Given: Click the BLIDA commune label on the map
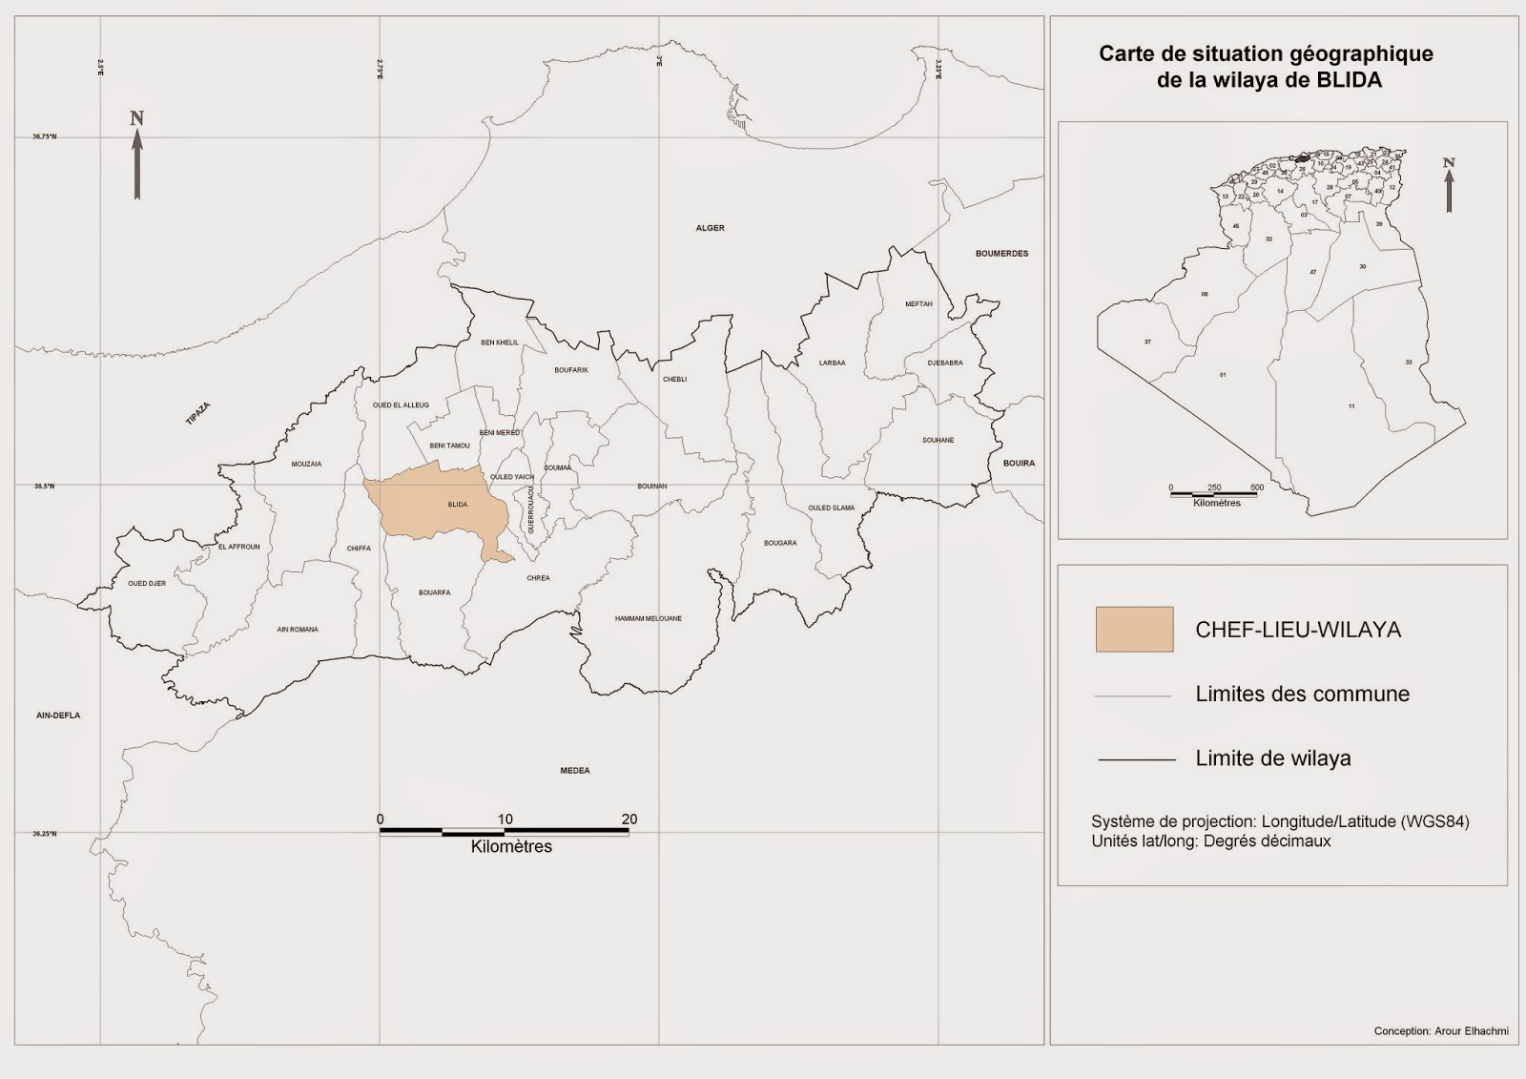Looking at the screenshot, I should pyautogui.click(x=458, y=505).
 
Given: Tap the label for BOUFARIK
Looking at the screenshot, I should pyautogui.click(x=571, y=370).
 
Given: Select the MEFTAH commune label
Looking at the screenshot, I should pyautogui.click(x=918, y=304).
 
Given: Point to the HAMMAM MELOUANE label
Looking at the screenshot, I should pyautogui.click(x=649, y=619).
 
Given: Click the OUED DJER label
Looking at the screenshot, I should pyautogui.click(x=147, y=583).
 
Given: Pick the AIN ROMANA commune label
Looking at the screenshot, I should pyautogui.click(x=298, y=630).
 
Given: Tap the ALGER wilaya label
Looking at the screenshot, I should pyautogui.click(x=710, y=229).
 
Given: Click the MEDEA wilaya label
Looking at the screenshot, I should pyautogui.click(x=575, y=771).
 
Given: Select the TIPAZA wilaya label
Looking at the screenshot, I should pyautogui.click(x=197, y=414).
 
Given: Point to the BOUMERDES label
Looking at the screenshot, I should pyautogui.click(x=1001, y=254).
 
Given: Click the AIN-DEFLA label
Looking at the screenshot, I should pyautogui.click(x=58, y=716).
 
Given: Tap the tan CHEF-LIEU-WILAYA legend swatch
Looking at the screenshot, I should pyautogui.click(x=1134, y=630).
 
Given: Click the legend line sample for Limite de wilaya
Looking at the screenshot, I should pyautogui.click(x=1136, y=759).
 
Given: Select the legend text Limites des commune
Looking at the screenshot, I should pyautogui.click(x=1302, y=695).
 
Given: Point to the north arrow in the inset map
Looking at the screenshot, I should pyautogui.click(x=1449, y=185).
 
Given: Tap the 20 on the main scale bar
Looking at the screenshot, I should pyautogui.click(x=629, y=820).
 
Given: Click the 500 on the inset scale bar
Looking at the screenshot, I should pyautogui.click(x=1257, y=488).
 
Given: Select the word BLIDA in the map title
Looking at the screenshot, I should pyautogui.click(x=1349, y=81).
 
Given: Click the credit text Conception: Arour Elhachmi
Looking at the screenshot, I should pyautogui.click(x=1440, y=1031).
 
